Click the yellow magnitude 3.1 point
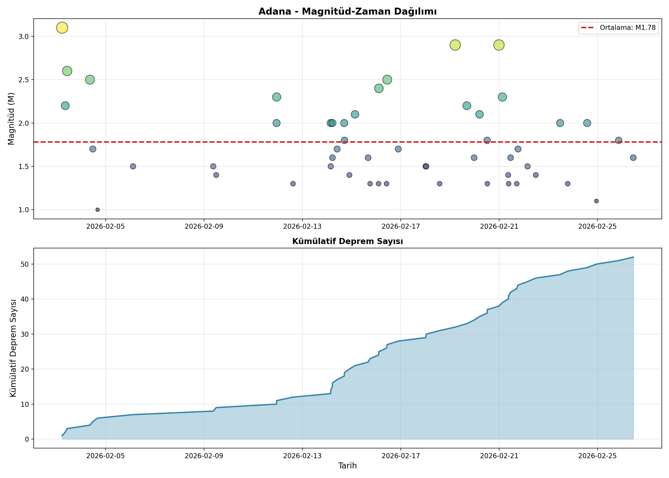(62, 28)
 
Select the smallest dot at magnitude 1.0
(97, 210)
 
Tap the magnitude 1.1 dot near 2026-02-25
(596, 201)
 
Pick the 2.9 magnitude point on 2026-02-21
(499, 45)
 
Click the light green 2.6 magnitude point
(67, 71)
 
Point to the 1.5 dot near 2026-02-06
(133, 166)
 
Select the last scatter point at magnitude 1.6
(633, 158)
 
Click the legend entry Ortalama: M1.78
(618, 28)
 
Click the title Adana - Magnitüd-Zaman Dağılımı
(347, 11)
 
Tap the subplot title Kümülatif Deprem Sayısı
(347, 241)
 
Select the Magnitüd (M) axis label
(11, 119)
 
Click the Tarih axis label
(347, 466)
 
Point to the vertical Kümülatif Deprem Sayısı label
(13, 348)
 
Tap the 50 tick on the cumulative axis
(25, 264)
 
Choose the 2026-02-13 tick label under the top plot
(302, 226)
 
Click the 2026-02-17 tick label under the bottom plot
(401, 456)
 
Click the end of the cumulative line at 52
(633, 257)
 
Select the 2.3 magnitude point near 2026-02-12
(276, 97)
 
